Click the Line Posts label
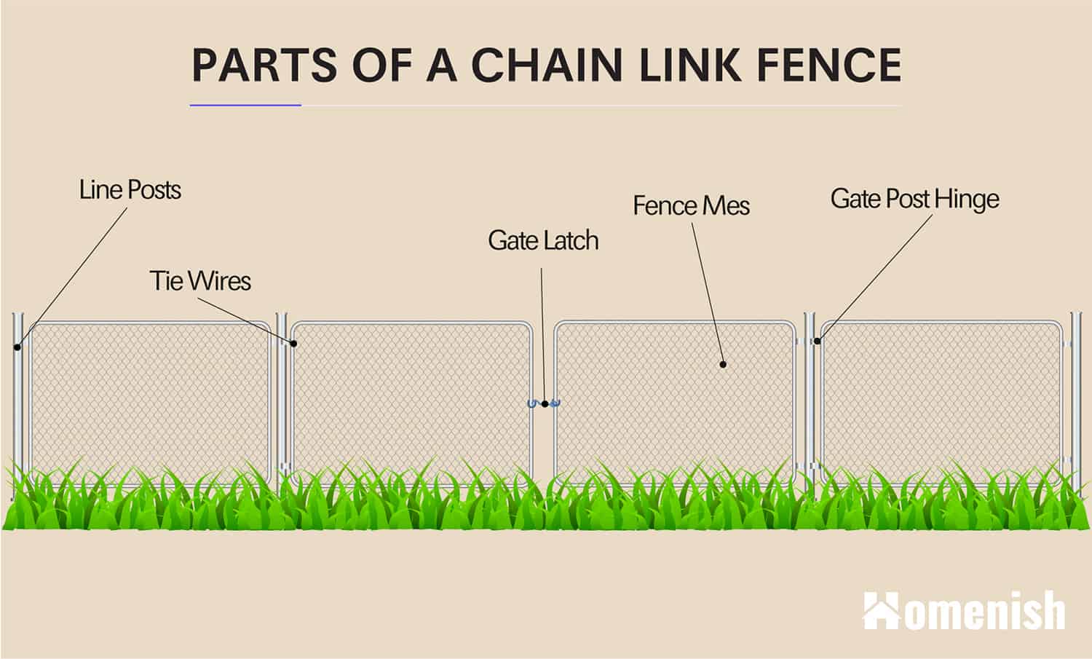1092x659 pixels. pyautogui.click(x=130, y=190)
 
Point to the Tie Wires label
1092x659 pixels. pyautogui.click(x=200, y=280)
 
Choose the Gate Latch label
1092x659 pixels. pyautogui.click(x=543, y=240)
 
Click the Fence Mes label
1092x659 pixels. pyautogui.click(x=691, y=205)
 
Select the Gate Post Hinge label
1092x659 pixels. pyautogui.click(x=914, y=199)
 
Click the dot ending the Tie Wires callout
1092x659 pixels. pyautogui.click(x=294, y=343)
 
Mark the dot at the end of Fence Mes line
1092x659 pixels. pyautogui.click(x=723, y=364)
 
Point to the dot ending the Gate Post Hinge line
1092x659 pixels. pyautogui.click(x=818, y=341)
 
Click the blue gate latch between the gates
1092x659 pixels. pyautogui.click(x=544, y=403)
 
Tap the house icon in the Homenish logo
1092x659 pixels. pyautogui.click(x=881, y=611)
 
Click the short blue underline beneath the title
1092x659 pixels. pyautogui.click(x=245, y=106)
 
